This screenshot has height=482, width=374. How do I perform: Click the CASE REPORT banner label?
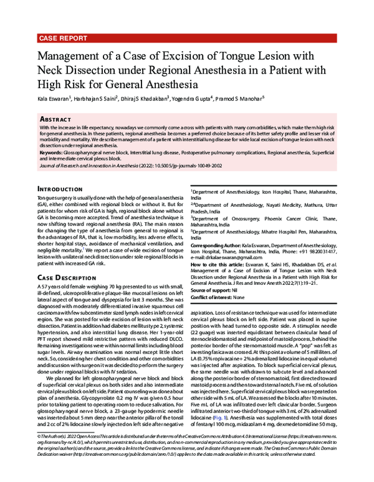[x=62, y=38]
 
